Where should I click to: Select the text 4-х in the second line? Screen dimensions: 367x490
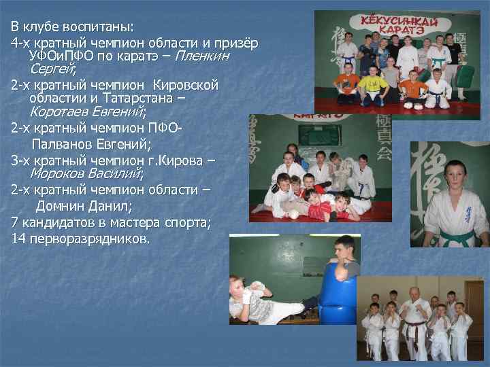tap(21, 43)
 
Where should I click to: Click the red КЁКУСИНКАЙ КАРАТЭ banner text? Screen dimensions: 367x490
tap(400, 25)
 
